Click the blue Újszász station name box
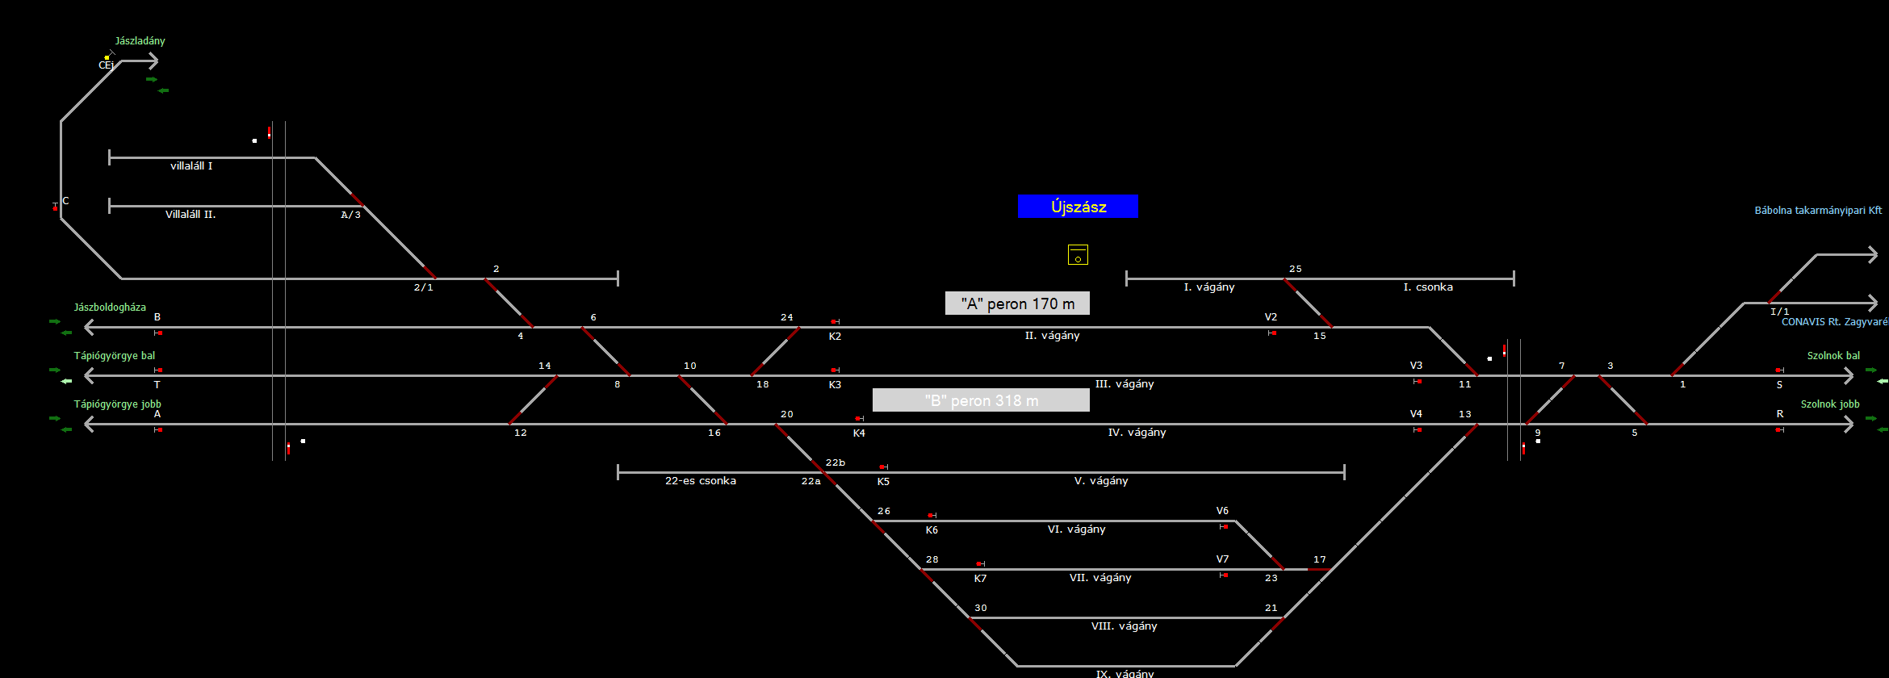(1078, 207)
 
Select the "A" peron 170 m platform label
(1017, 303)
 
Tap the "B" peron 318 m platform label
(981, 400)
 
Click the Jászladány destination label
(140, 41)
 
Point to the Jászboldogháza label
(110, 308)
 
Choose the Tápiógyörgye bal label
(115, 356)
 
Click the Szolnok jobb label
(1830, 404)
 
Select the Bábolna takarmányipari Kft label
(1818, 211)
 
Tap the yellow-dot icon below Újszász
(1078, 255)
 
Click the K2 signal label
(835, 337)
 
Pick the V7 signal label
(1222, 559)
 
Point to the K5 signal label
(883, 482)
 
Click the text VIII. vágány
(1124, 626)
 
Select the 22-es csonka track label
(700, 481)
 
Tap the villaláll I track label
(191, 166)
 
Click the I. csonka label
(1428, 287)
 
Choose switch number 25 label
(1295, 269)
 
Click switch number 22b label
(836, 462)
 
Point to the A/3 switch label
(350, 215)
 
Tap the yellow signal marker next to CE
(107, 57)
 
